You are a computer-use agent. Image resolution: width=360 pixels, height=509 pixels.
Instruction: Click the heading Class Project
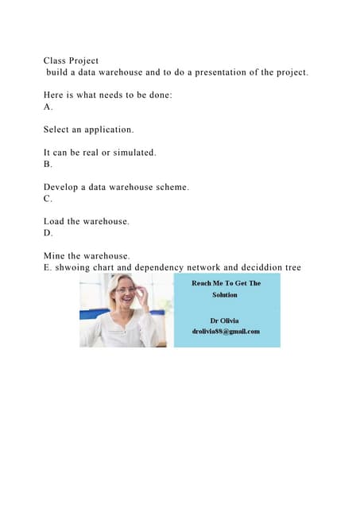(71, 60)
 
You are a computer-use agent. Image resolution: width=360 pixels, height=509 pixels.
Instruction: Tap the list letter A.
(48, 106)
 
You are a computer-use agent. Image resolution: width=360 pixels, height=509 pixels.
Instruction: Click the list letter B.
(48, 164)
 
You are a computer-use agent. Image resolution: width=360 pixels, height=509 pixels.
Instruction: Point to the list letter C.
(48, 199)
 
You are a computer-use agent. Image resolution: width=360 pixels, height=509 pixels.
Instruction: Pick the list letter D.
(48, 233)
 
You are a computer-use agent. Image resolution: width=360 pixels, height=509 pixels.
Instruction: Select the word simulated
(132, 152)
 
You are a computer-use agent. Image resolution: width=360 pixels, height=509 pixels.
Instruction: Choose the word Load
(54, 221)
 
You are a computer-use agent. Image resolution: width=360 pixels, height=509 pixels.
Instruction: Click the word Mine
(55, 256)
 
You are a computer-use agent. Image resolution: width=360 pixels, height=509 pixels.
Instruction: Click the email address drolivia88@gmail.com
(226, 332)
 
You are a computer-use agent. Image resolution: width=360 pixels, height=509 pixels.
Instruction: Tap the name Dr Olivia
(225, 321)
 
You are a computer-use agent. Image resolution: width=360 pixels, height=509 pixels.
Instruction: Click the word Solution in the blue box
(225, 294)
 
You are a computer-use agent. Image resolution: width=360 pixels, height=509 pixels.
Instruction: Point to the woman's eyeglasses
(127, 291)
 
